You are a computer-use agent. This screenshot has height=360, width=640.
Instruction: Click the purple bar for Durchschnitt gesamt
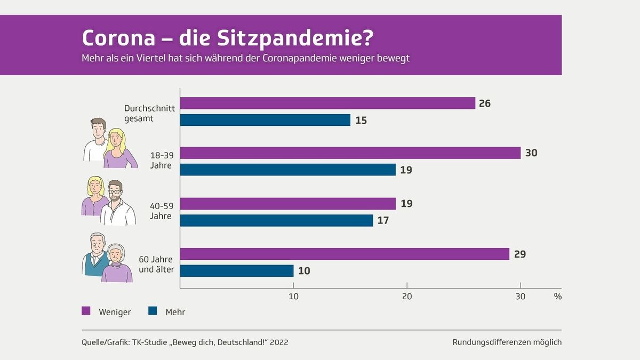(x=327, y=103)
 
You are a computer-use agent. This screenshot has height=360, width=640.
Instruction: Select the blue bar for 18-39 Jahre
(x=288, y=170)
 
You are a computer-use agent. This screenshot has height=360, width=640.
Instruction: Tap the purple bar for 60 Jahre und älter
(x=345, y=254)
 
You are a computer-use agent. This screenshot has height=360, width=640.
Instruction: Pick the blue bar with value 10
(x=237, y=271)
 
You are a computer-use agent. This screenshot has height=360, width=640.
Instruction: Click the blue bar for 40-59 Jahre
(x=276, y=220)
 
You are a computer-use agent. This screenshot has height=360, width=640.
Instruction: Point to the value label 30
(x=531, y=153)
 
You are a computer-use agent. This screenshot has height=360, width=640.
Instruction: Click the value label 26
(x=484, y=103)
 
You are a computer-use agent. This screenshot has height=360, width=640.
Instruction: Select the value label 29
(x=519, y=254)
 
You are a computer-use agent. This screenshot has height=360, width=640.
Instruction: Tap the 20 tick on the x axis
(x=407, y=297)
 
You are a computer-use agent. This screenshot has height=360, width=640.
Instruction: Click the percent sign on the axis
(x=557, y=297)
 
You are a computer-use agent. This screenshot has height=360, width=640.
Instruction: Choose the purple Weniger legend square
(x=86, y=311)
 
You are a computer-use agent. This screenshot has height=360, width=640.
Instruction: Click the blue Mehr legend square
(x=153, y=311)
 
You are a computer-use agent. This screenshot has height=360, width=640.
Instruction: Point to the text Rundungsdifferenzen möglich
(x=507, y=342)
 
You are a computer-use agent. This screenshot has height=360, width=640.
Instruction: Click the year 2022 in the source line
(x=279, y=342)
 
